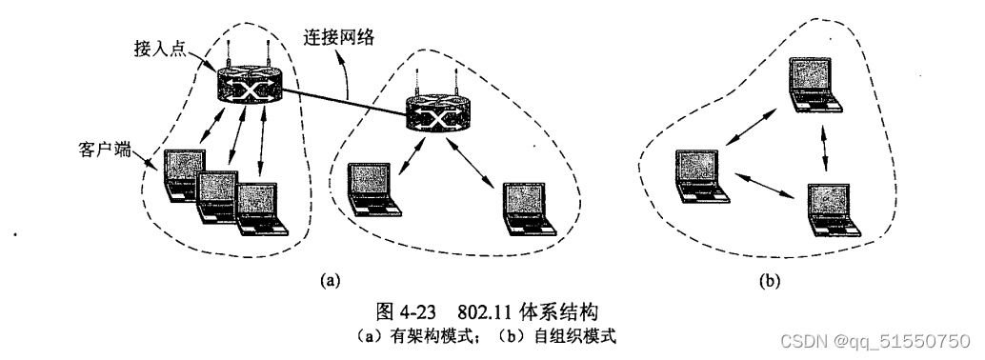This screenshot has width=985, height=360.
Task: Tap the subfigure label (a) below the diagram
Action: pyautogui.click(x=330, y=280)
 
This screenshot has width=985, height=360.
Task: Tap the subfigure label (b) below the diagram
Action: pyautogui.click(x=767, y=280)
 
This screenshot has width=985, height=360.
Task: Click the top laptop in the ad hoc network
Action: pyautogui.click(x=816, y=86)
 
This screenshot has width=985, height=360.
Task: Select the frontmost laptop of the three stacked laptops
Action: pyautogui.click(x=262, y=210)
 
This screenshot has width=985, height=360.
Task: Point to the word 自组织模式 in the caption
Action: pyautogui.click(x=581, y=333)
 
